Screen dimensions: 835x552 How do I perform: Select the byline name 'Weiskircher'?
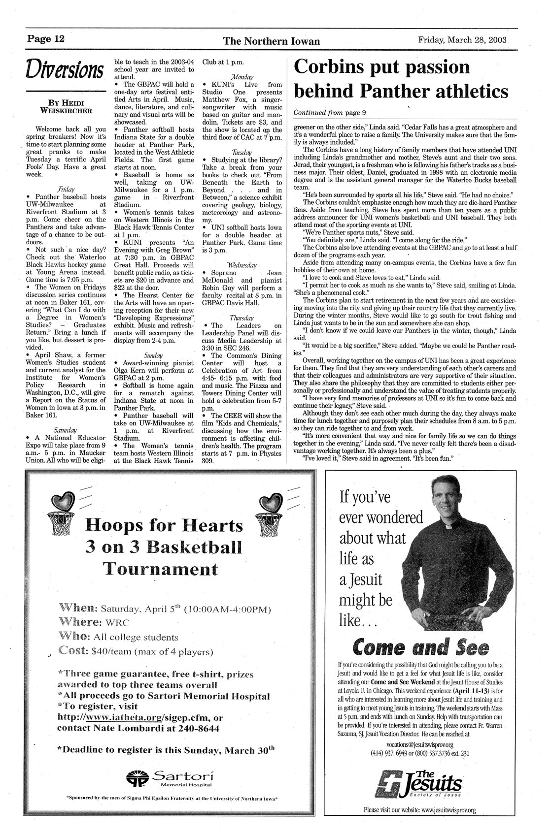66,111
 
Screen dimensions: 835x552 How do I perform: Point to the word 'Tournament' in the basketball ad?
162,570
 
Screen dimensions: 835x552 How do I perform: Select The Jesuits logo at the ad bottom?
422,783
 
